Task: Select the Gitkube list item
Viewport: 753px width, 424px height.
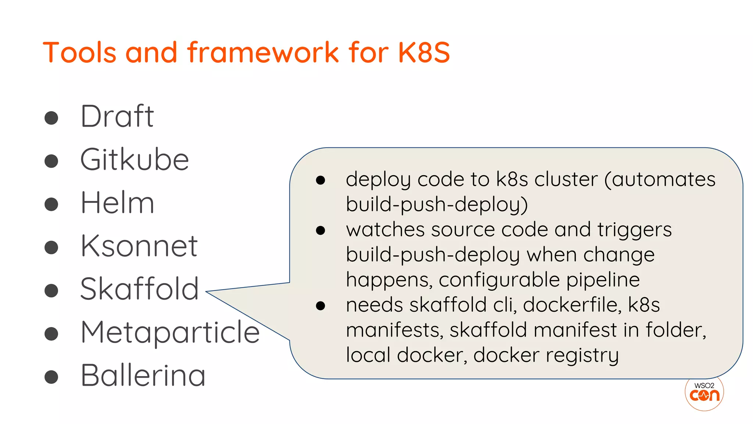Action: [135, 160]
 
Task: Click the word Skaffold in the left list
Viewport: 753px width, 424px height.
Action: [139, 289]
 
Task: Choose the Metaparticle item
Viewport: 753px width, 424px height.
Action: [170, 332]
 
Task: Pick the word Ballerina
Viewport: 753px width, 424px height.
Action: [143, 375]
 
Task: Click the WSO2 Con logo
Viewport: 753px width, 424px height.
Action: [704, 393]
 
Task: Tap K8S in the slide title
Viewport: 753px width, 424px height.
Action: [424, 52]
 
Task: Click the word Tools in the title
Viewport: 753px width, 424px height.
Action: [79, 52]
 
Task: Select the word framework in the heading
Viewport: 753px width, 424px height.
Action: [263, 52]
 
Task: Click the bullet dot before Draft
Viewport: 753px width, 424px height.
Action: [51, 118]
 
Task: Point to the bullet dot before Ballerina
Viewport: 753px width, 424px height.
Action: [51, 377]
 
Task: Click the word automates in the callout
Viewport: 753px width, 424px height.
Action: [663, 180]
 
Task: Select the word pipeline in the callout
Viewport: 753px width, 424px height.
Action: [603, 280]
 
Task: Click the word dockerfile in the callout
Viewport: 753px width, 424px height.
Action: [572, 305]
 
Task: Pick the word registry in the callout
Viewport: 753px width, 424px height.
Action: [582, 356]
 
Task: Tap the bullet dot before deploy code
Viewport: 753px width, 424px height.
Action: [321, 180]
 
